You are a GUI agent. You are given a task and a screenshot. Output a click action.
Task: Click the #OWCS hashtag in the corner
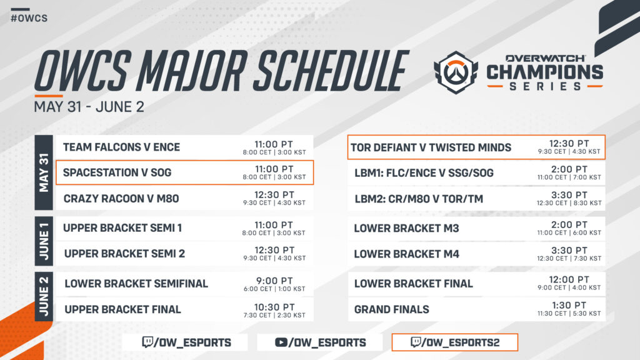coord(29,17)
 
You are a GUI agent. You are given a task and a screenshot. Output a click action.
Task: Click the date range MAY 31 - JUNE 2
coord(89,106)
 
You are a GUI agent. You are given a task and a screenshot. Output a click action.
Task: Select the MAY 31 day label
coord(44,172)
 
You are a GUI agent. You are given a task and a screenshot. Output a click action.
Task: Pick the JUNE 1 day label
coord(44,241)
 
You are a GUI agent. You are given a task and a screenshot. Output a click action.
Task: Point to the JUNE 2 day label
coord(44,296)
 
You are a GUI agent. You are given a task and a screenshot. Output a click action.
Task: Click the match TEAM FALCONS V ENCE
coord(121,147)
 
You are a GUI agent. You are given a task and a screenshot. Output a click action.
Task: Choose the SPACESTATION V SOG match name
coord(117,172)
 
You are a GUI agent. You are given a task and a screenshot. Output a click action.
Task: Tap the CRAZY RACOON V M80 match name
coord(121,199)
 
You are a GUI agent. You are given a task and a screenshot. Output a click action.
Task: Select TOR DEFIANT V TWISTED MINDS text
coord(431,147)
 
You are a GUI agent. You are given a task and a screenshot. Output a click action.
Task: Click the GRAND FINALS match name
coord(391,309)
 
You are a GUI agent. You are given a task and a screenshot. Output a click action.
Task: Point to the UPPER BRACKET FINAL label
coord(122,309)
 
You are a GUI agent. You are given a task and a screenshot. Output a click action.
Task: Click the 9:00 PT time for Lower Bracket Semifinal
coord(274,279)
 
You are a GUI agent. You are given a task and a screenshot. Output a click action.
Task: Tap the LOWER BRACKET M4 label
coord(406,254)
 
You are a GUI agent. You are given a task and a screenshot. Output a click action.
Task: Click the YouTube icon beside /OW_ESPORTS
coord(281,342)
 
